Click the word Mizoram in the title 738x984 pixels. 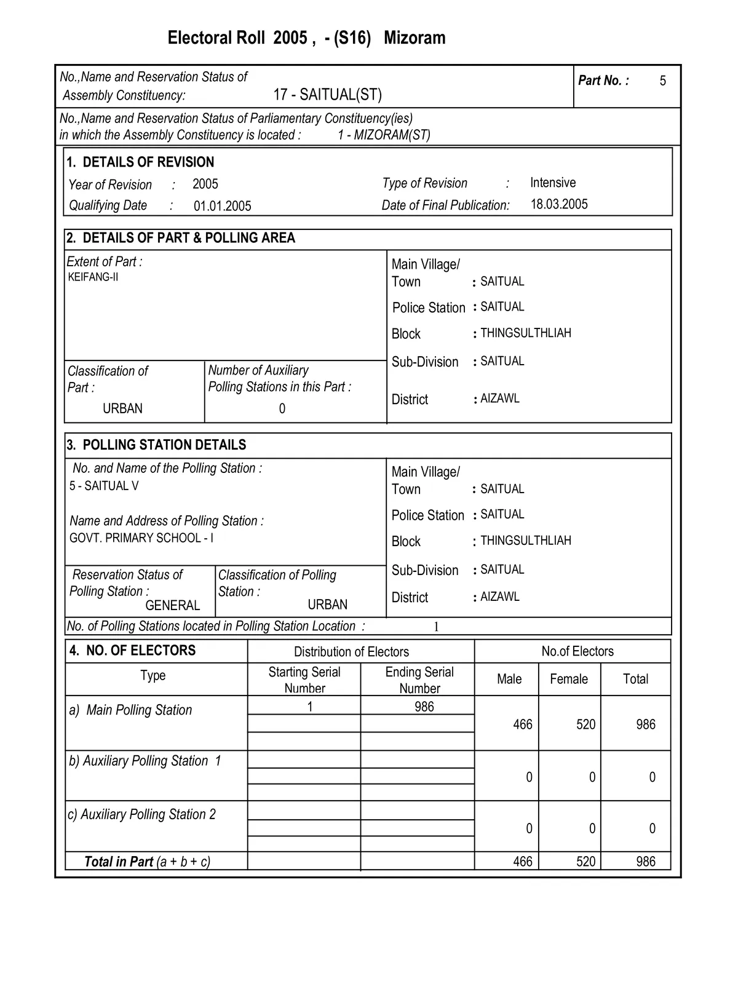pyautogui.click(x=415, y=38)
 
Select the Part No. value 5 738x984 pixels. pyautogui.click(x=662, y=81)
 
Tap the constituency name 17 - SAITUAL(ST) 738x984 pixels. pyautogui.click(x=327, y=95)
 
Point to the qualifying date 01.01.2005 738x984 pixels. pyautogui.click(x=222, y=206)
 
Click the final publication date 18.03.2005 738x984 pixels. pyautogui.click(x=559, y=204)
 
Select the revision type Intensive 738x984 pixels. pyautogui.click(x=553, y=183)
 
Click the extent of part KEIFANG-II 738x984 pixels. pyautogui.click(x=93, y=277)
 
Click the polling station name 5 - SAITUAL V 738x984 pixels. pyautogui.click(x=104, y=486)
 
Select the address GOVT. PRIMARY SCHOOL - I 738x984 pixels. pyautogui.click(x=141, y=538)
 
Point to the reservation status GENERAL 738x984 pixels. pyautogui.click(x=173, y=605)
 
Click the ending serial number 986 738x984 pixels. pyautogui.click(x=424, y=707)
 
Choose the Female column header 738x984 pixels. pyautogui.click(x=568, y=679)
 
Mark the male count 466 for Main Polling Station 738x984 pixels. pyautogui.click(x=522, y=724)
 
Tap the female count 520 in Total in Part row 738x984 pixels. pyautogui.click(x=585, y=862)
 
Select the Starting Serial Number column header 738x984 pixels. pyautogui.click(x=304, y=680)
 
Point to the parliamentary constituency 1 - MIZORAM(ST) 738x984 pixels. pyautogui.click(x=384, y=135)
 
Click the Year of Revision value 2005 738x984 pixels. pyautogui.click(x=205, y=184)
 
